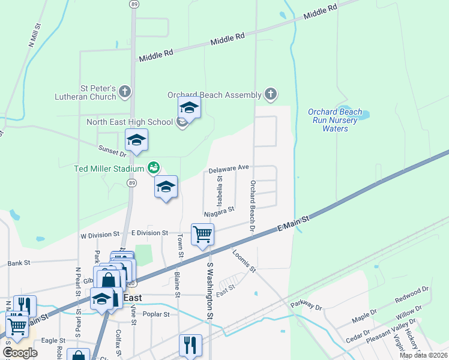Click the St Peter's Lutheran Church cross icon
tap(125, 91)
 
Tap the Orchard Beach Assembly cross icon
tap(271, 94)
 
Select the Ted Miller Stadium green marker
tap(154, 167)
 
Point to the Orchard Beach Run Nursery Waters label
tap(335, 120)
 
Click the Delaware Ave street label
tap(229, 170)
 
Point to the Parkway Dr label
tap(306, 305)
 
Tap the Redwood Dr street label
tap(412, 295)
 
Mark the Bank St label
tap(19, 263)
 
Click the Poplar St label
tap(155, 314)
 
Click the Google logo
tap(20, 353)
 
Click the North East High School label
tap(129, 122)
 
